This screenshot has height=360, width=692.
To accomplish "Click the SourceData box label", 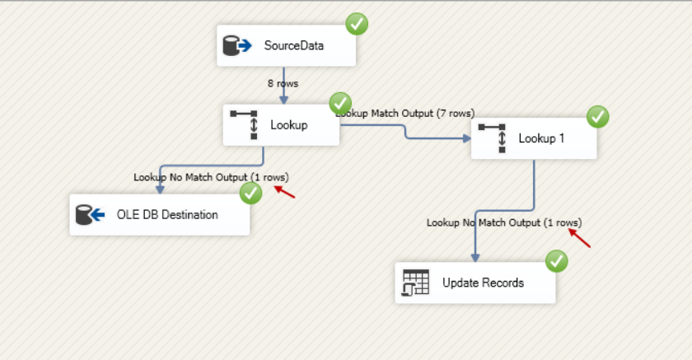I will [294, 45].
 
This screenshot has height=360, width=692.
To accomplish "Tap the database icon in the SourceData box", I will [237, 46].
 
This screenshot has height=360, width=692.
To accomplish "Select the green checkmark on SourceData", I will [357, 24].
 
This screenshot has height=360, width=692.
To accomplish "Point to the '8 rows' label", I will [283, 83].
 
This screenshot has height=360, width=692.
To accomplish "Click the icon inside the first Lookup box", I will [245, 124].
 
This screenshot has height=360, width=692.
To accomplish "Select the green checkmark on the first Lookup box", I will [340, 104].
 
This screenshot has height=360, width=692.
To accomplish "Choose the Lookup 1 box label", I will [541, 138].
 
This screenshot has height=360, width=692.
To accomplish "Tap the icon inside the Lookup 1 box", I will [492, 138].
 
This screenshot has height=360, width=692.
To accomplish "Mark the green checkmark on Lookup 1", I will [598, 117].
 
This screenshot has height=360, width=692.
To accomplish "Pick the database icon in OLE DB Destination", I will [90, 215].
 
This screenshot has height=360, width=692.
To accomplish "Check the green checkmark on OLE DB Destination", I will [250, 193].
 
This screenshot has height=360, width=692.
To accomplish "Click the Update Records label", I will [483, 283].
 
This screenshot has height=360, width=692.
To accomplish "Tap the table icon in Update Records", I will [416, 283].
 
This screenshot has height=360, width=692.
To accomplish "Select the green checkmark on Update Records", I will [558, 262].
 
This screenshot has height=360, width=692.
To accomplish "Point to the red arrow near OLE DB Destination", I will [284, 192].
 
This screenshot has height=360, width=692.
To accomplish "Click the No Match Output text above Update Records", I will [503, 223].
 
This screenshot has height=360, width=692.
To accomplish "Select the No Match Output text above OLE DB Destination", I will [211, 177].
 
